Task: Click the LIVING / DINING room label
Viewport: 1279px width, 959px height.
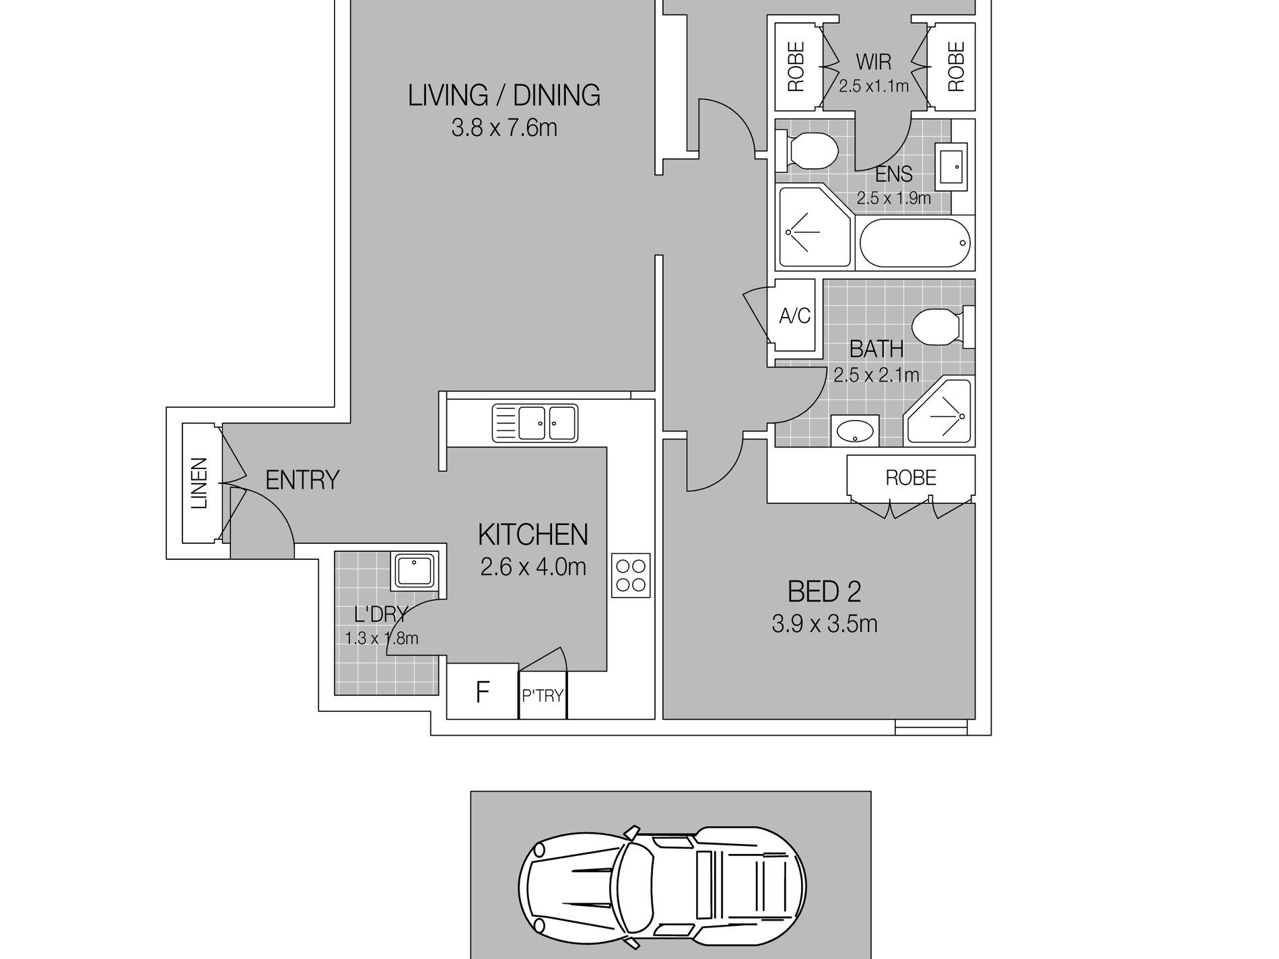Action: [x=504, y=96]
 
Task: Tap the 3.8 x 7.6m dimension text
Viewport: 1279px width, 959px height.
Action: [x=504, y=128]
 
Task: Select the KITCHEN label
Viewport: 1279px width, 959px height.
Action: [x=533, y=535]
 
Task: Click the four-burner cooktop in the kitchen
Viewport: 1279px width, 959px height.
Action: [x=631, y=575]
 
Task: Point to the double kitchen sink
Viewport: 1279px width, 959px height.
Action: [x=535, y=423]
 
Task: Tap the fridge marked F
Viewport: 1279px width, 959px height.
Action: [x=483, y=692]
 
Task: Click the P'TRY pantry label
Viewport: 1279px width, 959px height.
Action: [x=543, y=696]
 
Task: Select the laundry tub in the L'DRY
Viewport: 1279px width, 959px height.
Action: [x=414, y=571]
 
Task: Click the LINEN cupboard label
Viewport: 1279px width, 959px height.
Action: [x=199, y=483]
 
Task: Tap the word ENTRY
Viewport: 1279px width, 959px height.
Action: [x=302, y=481]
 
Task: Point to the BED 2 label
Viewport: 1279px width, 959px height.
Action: [x=824, y=592]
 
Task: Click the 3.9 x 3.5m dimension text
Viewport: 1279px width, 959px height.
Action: [x=825, y=625]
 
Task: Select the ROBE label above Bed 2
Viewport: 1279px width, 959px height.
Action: [x=911, y=478]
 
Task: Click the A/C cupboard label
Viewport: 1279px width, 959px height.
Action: [x=794, y=316]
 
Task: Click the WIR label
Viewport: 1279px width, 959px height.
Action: [x=874, y=63]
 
